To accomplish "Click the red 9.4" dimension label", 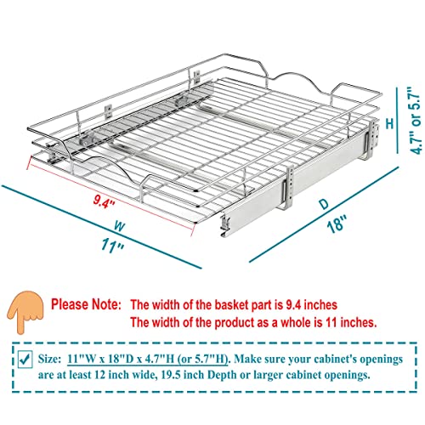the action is point(104,202).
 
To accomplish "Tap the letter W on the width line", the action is point(120,227).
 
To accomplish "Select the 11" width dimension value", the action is point(112,246).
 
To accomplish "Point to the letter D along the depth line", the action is point(324,204).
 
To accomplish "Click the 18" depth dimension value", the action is point(337,224).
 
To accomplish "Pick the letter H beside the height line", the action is point(390,123).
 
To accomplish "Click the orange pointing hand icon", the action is point(25,313).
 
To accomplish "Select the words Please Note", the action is point(86,304).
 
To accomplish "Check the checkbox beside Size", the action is point(25,360).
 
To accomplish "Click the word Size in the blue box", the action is point(49,359).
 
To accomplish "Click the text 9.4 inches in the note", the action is point(311,305).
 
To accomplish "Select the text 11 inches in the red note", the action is point(351,322).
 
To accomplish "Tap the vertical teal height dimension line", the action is point(397,121).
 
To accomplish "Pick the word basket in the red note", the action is point(231,305).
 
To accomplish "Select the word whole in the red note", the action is point(296,322).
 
